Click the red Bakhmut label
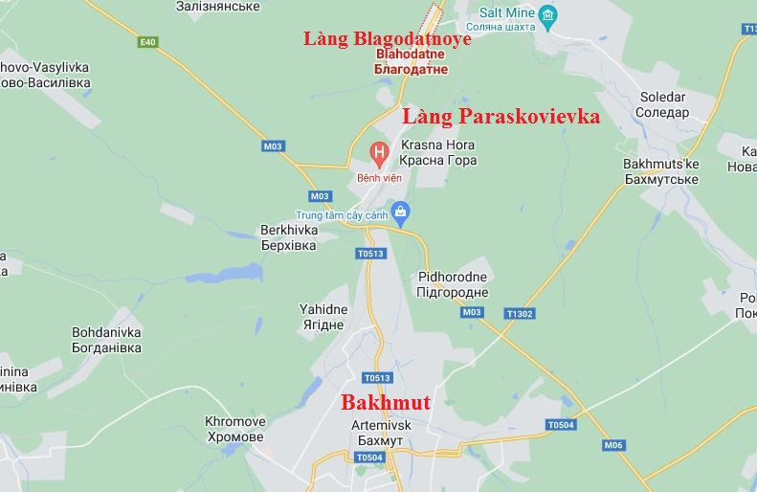[x=386, y=403]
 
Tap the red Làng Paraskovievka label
[x=501, y=117]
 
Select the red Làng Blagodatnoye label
[x=388, y=39]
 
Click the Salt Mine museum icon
[x=547, y=14]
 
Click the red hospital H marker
[x=380, y=151]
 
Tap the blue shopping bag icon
[x=402, y=210]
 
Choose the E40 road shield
[x=146, y=42]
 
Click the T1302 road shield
[x=521, y=313]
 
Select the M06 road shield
[x=613, y=445]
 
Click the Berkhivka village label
[x=288, y=231]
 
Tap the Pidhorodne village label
[x=453, y=278]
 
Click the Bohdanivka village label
[x=106, y=332]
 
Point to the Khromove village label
[x=234, y=421]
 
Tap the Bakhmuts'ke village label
[x=660, y=164]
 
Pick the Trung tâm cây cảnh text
[x=342, y=215]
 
